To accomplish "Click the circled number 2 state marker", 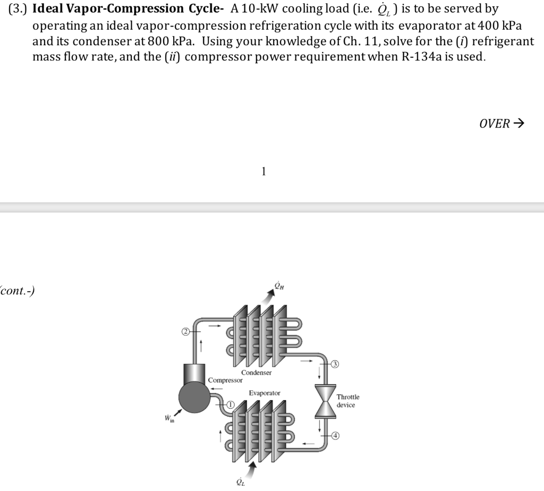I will coord(185,332).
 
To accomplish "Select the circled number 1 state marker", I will coord(231,405).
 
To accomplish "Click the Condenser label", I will coord(256,373).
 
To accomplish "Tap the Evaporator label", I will coord(265,393).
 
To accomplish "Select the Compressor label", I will coord(225,380).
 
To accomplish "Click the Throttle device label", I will coord(348,401).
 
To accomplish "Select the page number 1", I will coord(263,171).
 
